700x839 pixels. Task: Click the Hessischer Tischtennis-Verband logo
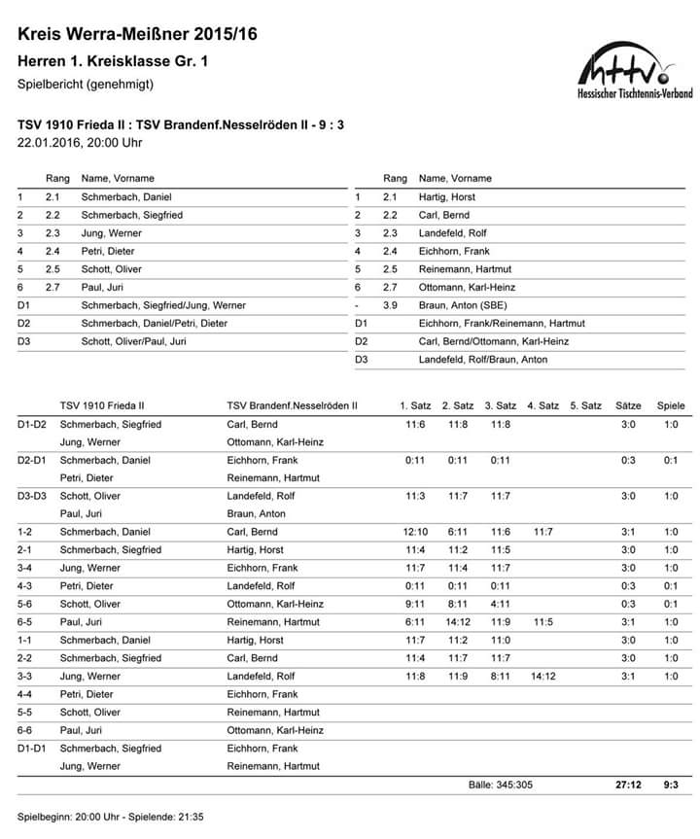point(635,73)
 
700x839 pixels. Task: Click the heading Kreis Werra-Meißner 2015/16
point(138,36)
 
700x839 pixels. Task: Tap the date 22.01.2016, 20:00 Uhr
point(81,143)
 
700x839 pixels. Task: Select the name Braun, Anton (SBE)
point(457,305)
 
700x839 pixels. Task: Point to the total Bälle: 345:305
point(500,785)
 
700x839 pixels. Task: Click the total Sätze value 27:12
point(628,785)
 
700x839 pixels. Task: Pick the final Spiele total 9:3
point(671,785)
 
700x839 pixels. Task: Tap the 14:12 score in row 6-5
point(458,622)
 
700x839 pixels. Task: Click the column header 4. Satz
point(542,405)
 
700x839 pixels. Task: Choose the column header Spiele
point(671,405)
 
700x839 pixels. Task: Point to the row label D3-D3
point(32,496)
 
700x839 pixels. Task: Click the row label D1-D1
point(32,749)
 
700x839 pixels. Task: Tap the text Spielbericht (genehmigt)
point(86,85)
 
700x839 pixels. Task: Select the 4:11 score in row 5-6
point(500,604)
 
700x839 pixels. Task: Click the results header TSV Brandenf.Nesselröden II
point(292,405)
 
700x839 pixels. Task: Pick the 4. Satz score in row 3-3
point(542,677)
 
